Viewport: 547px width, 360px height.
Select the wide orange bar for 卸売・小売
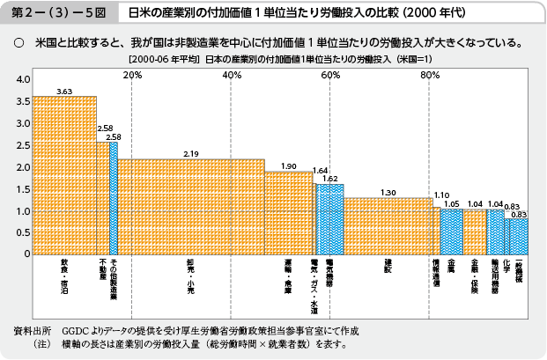[190, 207]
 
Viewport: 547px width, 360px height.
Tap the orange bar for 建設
[388, 226]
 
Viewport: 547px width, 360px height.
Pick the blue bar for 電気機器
[330, 219]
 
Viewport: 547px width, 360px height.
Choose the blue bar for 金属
[451, 231]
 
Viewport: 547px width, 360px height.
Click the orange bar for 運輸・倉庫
[288, 213]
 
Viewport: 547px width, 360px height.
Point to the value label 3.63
[64, 91]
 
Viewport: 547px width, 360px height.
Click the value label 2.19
[192, 154]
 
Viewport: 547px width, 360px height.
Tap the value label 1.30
[388, 192]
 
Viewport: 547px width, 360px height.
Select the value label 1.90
[289, 165]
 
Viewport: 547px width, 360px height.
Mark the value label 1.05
[452, 203]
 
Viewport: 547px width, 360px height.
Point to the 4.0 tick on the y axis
[23, 80]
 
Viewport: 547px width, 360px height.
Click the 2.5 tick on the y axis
[23, 146]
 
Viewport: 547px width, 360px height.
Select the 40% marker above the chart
[232, 75]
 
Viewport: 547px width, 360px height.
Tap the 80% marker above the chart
[430, 75]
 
